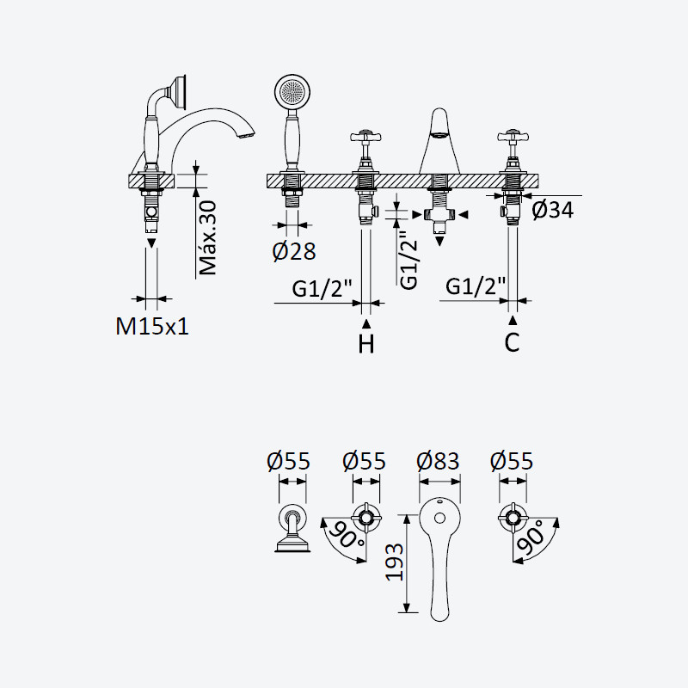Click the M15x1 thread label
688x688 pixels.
point(152,327)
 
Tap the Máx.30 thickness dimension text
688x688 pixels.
point(207,238)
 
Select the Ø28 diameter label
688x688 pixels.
point(293,251)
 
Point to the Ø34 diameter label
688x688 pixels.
point(552,210)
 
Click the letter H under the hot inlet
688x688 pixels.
point(366,343)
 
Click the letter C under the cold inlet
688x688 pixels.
point(512,342)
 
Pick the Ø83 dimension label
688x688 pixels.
point(438,461)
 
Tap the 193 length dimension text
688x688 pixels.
point(394,562)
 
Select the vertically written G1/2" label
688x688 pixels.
point(409,261)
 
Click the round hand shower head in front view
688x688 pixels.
point(293,93)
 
